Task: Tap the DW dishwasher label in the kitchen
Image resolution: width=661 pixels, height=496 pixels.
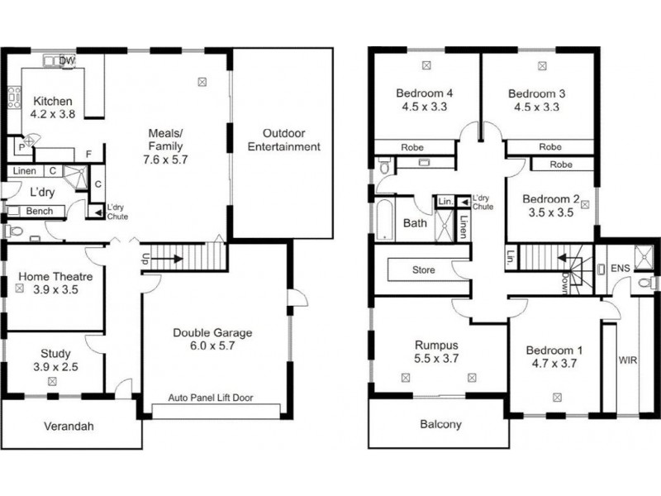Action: point(68,61)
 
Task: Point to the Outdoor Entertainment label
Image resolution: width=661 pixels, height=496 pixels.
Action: point(278,141)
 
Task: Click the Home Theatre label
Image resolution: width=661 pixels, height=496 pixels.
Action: point(56,276)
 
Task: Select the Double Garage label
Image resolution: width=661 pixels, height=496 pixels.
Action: point(212,333)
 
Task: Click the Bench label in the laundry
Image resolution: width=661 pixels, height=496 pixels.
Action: point(39,212)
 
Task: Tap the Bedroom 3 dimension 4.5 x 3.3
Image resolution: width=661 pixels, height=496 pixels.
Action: point(535,107)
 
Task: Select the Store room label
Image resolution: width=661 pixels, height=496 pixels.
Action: point(423,269)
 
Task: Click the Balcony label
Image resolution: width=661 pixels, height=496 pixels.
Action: point(439,425)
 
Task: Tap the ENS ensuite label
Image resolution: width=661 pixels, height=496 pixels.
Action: point(620,269)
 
